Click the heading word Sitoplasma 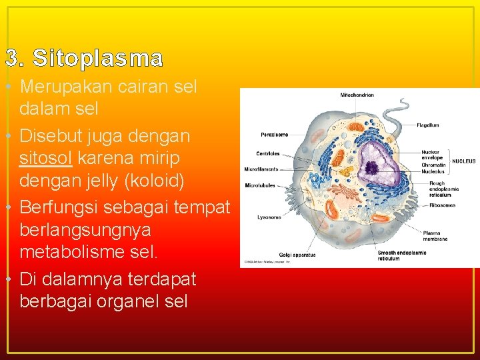97,59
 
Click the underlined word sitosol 45,159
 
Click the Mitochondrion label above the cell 357,95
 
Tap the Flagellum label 427,125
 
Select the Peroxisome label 274,135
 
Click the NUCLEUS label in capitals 464,161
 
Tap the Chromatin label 433,165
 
